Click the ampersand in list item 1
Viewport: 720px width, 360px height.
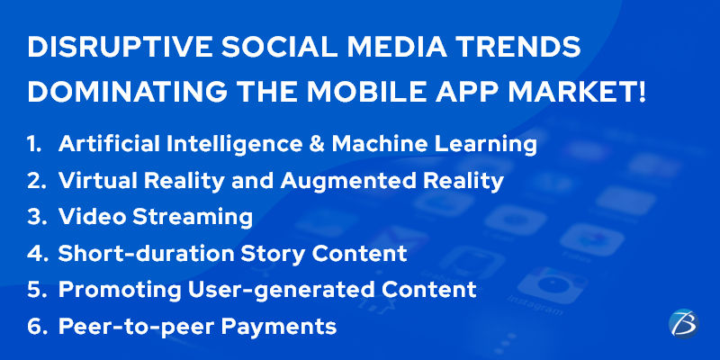tap(317, 145)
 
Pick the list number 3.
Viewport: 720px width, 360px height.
tap(34, 217)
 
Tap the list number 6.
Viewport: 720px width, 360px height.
tap(34, 327)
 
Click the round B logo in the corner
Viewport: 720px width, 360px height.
tap(683, 323)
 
